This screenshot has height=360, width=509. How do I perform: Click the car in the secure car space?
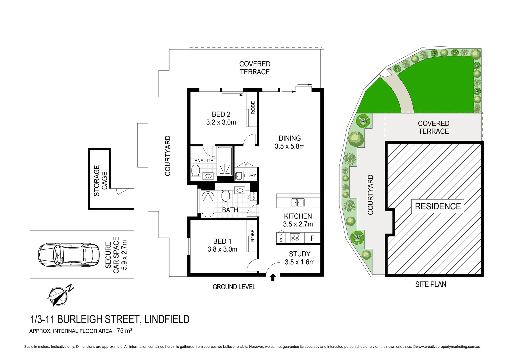tap(69, 255)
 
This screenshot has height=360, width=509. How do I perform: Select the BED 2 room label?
tap(221, 114)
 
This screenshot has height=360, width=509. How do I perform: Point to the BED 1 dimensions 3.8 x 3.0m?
tap(222, 249)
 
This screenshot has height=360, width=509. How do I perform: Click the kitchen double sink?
tap(298, 202)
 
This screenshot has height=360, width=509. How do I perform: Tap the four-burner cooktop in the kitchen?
tap(295, 238)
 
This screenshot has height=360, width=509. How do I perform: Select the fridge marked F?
tap(312, 238)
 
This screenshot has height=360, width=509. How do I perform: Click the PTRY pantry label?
tap(281, 238)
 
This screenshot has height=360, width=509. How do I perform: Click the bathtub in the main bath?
tap(208, 204)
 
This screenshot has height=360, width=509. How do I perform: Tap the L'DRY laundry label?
tap(250, 176)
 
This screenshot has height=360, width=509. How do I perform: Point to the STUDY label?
tap(300, 254)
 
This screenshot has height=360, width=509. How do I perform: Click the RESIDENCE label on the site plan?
tap(438, 206)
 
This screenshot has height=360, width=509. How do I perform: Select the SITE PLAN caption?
tap(430, 284)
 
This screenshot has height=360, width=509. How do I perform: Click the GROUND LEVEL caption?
tap(234, 287)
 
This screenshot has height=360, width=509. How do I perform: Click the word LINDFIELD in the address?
tap(167, 319)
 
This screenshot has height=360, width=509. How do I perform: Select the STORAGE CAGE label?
tap(100, 181)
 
